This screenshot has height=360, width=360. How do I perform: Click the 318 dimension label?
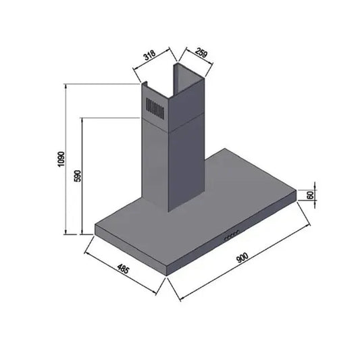150,55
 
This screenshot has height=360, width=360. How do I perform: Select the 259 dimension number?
201,53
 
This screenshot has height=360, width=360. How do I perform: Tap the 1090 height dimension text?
61,159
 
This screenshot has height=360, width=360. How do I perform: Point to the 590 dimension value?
78,176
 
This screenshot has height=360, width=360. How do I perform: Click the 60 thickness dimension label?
310,195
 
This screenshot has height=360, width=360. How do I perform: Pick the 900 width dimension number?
242,257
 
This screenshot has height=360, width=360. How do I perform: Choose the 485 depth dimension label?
123,269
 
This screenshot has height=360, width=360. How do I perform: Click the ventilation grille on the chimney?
155,108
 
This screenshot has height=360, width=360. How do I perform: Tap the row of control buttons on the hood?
231,236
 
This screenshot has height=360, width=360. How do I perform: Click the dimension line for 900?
245,262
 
